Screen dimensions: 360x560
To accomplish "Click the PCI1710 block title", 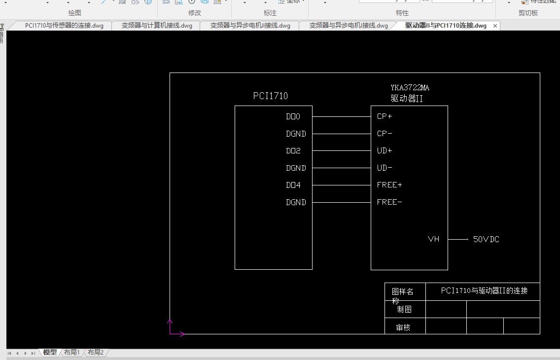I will click(x=270, y=96).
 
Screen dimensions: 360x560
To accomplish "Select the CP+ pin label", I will click(x=385, y=117).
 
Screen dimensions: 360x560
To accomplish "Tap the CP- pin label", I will click(x=385, y=134).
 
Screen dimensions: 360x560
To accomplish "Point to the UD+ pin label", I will click(x=385, y=151).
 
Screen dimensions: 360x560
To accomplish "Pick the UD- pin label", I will click(x=385, y=168).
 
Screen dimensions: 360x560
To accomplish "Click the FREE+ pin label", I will click(x=389, y=185).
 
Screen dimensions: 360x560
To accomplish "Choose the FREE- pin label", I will click(x=389, y=202).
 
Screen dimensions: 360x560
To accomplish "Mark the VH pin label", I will click(x=433, y=239).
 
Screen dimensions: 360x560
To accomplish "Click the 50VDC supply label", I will click(x=486, y=239).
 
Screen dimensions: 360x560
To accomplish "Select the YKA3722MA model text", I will click(x=410, y=88).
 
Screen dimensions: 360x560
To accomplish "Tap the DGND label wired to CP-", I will click(x=296, y=134).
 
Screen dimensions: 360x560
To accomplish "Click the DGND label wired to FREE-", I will click(x=296, y=202).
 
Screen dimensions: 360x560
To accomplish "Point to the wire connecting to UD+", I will click(x=341, y=151).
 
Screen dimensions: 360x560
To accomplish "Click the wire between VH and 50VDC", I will click(x=458, y=239).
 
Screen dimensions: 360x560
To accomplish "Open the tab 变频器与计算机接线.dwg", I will click(x=157, y=26).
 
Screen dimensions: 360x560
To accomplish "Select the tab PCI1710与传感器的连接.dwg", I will click(x=64, y=26).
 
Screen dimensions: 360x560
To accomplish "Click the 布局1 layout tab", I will click(x=71, y=352).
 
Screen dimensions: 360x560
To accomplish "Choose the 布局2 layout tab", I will click(x=96, y=352).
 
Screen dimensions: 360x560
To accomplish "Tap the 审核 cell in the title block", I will click(x=403, y=327).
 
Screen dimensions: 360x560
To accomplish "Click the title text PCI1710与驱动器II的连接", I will click(x=484, y=291).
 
